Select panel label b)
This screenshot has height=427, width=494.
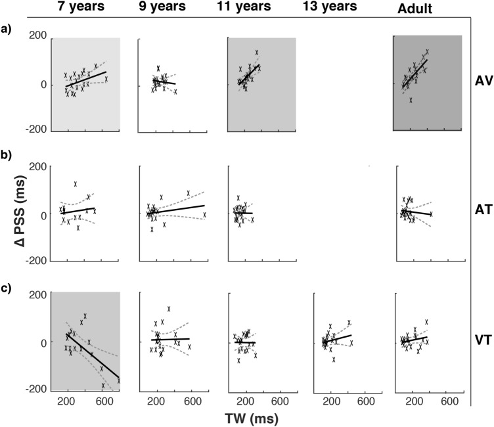(x=8, y=159)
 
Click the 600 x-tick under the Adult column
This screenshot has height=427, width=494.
(x=449, y=400)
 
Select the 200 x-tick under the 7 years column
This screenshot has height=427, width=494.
(x=67, y=400)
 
